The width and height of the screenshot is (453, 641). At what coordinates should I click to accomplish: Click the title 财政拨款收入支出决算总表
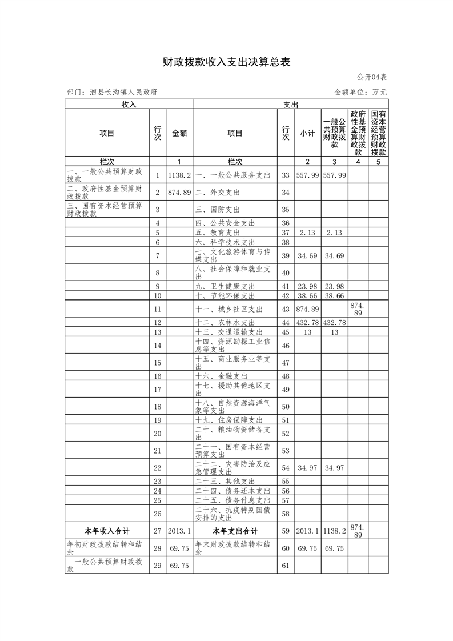[226, 62]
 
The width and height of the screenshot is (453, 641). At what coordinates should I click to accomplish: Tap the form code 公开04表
[372, 77]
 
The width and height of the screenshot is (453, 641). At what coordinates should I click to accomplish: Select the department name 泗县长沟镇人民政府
[112, 91]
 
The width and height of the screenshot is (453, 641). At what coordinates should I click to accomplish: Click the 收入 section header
[129, 105]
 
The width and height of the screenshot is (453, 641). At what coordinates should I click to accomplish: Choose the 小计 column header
[308, 133]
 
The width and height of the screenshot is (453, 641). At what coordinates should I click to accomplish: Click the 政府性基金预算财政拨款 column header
[358, 133]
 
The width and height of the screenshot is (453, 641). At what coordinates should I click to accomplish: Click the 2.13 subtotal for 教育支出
[308, 233]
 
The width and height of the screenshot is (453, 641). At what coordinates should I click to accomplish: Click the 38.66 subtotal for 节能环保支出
[308, 296]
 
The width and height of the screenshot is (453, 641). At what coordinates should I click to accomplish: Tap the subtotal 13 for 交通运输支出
[308, 332]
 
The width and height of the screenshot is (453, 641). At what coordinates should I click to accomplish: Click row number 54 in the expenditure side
[286, 468]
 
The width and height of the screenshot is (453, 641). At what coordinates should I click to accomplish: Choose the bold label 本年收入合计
[107, 531]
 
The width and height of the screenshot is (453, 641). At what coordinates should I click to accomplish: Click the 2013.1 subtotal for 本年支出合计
[308, 531]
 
